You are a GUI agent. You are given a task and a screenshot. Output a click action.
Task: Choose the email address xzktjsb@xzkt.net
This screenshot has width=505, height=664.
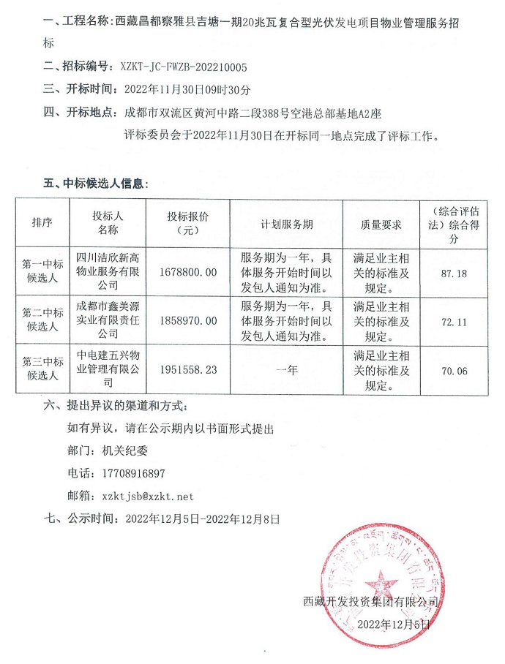149,496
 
